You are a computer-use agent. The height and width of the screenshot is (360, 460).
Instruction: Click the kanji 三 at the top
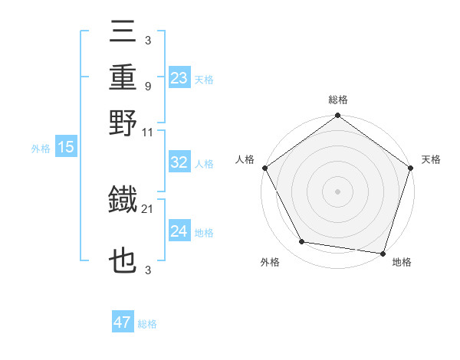click(x=123, y=34)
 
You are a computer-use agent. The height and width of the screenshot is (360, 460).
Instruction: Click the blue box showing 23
click(x=179, y=78)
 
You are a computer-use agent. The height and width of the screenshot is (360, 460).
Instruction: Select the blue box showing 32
click(x=179, y=163)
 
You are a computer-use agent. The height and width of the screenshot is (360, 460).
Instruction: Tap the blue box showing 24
click(x=179, y=231)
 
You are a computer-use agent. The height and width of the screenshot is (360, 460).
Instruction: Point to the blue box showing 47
click(x=123, y=322)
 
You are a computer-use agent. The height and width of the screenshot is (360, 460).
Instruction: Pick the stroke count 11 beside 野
click(x=148, y=132)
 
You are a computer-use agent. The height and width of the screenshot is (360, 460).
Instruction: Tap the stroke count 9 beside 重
click(x=147, y=86)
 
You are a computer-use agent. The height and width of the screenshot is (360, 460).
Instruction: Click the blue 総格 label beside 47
click(x=147, y=324)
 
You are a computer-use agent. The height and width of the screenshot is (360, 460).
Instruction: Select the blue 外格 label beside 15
click(x=40, y=149)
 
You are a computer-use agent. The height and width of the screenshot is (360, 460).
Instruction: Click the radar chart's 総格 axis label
click(x=337, y=100)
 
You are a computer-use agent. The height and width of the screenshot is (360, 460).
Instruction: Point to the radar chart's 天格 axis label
click(x=431, y=159)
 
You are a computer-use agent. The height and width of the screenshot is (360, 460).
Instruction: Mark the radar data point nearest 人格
click(x=264, y=168)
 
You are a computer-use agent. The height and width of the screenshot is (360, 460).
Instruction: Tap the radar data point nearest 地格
click(x=383, y=253)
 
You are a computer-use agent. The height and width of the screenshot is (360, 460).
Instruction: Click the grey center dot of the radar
click(x=337, y=191)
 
